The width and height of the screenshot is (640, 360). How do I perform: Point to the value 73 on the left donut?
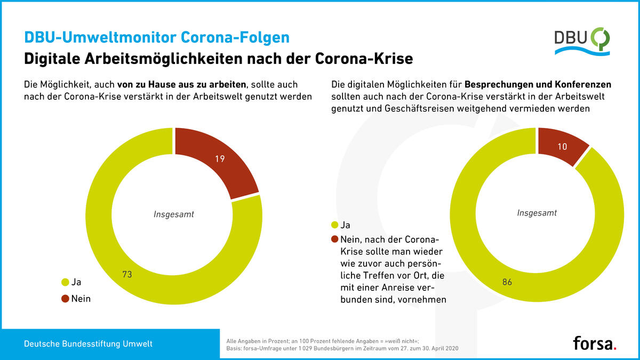tap(127, 275)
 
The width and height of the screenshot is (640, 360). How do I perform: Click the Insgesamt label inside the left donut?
tap(173, 215)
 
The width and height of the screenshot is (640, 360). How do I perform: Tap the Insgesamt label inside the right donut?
tap(537, 213)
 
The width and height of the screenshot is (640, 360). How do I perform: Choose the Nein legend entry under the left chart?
tap(81, 299)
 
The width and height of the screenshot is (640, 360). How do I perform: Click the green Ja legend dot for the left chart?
tap(66, 282)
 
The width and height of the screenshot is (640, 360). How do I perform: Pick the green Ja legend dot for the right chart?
tap(335, 226)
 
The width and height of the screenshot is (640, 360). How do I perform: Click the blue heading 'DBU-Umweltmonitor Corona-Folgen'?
tap(157, 37)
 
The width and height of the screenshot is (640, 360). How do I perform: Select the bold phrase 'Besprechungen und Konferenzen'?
tap(538, 85)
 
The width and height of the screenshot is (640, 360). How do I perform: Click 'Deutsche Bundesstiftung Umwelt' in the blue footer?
tap(88, 344)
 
